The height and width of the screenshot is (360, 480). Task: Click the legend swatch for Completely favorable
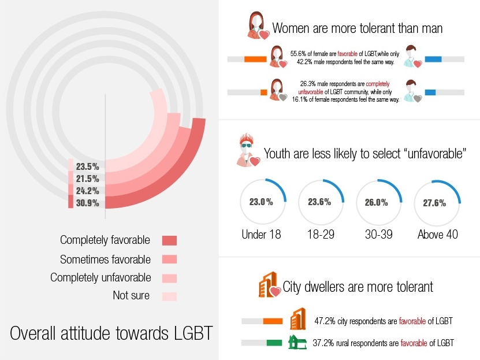169,240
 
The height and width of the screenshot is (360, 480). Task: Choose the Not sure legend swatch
169,296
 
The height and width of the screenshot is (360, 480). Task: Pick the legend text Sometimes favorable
105,259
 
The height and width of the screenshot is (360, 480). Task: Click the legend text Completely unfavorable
101,277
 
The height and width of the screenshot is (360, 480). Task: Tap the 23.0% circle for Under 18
261,203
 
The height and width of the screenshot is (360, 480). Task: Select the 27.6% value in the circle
437,203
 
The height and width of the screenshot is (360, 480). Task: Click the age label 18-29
321,235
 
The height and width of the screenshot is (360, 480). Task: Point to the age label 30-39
379,235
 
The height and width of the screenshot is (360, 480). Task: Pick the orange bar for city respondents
272,321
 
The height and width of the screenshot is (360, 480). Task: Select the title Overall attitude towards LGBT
111,334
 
